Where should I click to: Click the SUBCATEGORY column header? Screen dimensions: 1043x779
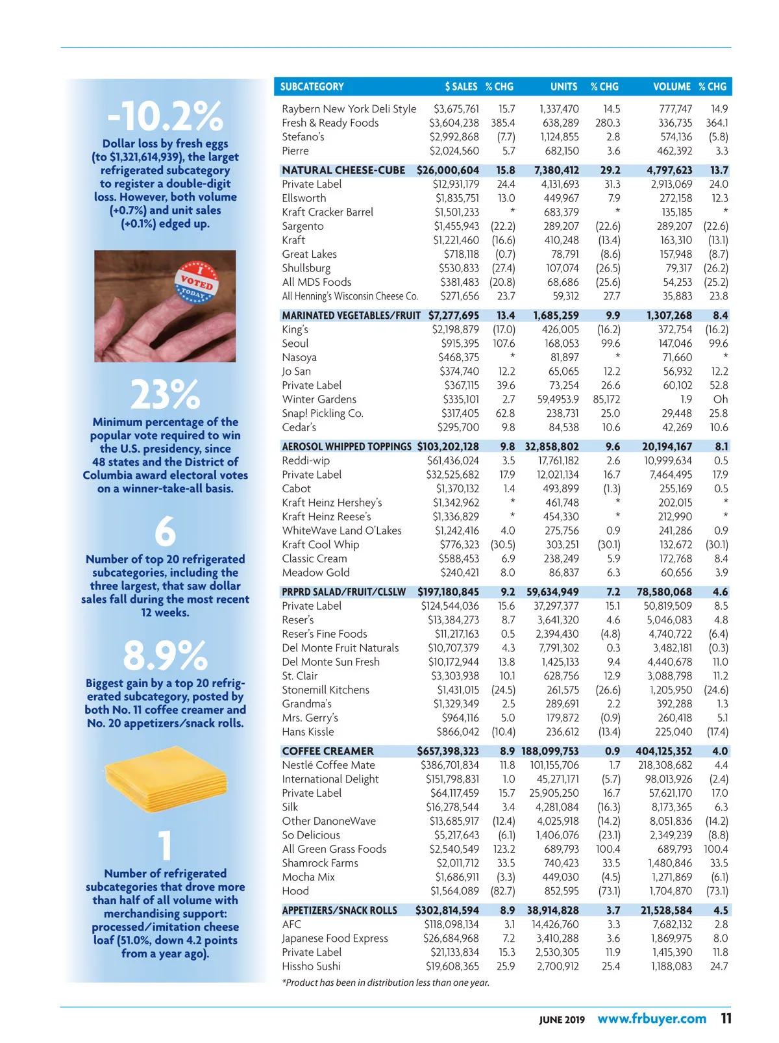click(x=312, y=86)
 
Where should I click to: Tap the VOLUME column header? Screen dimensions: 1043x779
click(x=671, y=86)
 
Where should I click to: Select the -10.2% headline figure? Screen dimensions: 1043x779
click(x=165, y=116)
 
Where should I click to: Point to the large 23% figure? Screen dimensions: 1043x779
click(x=165, y=394)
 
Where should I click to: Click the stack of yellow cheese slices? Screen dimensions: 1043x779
click(x=166, y=786)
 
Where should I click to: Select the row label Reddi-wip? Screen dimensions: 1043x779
click(x=306, y=460)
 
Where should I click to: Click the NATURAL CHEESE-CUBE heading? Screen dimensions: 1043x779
click(x=343, y=170)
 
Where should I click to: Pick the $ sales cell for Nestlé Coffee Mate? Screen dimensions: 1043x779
click(x=450, y=765)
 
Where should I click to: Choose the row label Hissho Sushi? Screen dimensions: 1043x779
click(x=311, y=966)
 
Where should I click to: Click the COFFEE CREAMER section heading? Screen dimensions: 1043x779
click(x=328, y=751)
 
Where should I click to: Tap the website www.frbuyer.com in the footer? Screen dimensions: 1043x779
click(x=652, y=1018)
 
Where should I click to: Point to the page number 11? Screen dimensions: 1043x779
click(x=726, y=1018)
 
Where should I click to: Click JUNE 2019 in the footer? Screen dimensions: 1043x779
click(x=562, y=1020)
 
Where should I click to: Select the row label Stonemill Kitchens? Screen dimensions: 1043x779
click(x=325, y=690)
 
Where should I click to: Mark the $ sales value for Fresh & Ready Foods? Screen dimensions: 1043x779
click(x=454, y=123)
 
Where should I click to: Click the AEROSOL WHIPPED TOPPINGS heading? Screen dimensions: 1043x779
click(x=347, y=447)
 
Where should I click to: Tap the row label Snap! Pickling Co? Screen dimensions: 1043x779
click(x=323, y=413)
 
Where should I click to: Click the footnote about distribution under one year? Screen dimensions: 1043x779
click(x=386, y=983)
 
